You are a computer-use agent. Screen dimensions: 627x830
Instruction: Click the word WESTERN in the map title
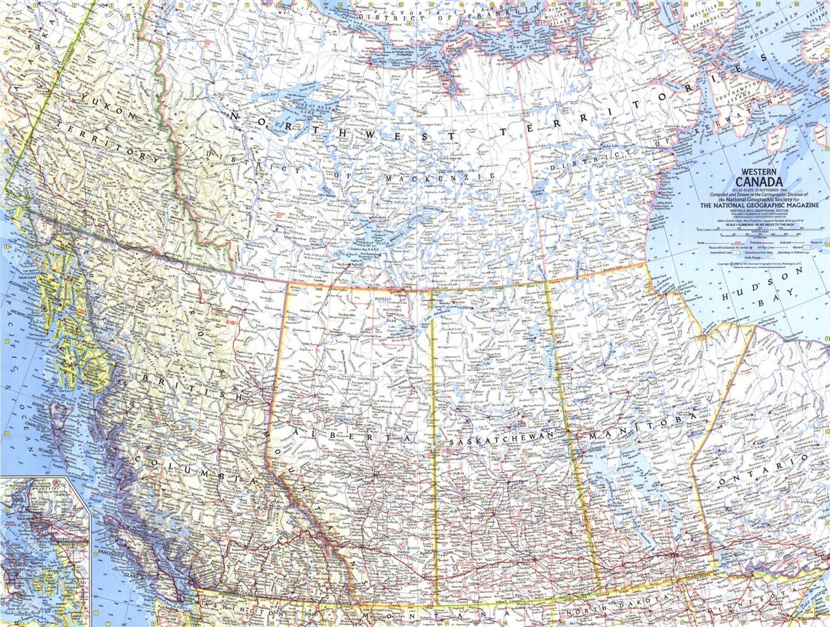point(759,172)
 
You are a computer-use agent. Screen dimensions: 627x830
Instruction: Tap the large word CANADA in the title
point(759,182)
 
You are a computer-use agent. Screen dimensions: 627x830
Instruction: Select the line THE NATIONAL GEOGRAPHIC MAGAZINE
point(759,206)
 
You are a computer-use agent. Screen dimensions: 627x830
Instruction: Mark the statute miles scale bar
point(757,233)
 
